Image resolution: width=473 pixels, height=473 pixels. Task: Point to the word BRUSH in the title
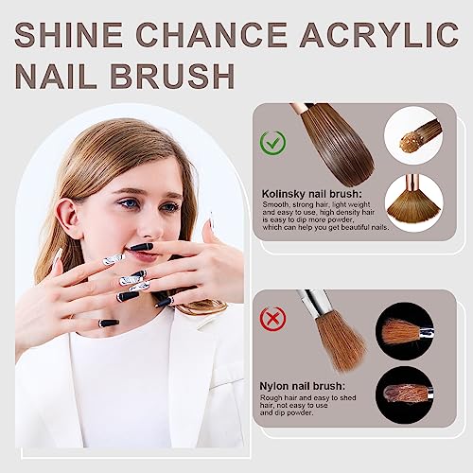point(179,75)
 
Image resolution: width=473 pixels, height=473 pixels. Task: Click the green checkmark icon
point(274,145)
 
